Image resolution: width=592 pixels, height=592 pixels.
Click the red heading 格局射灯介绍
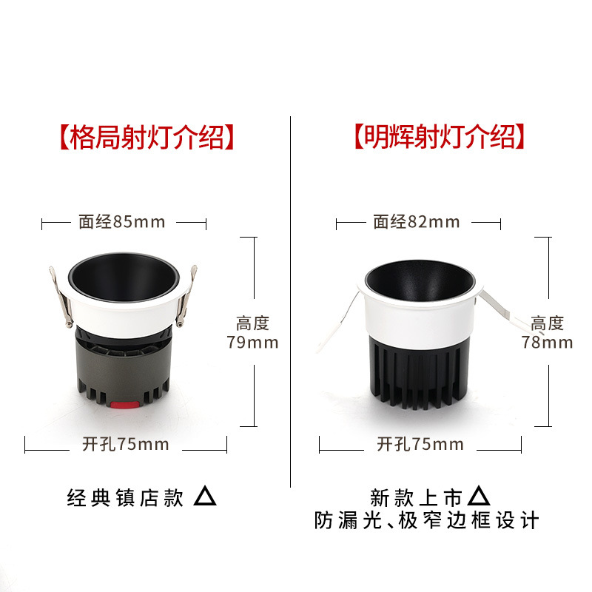pyautogui.click(x=146, y=137)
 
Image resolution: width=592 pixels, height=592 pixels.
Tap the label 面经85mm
pyautogui.click(x=122, y=221)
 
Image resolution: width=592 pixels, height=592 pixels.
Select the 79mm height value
pyautogui.click(x=252, y=342)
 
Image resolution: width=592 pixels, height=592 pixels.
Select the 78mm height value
pyautogui.click(x=547, y=342)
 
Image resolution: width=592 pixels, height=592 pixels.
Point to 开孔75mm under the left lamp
pyautogui.click(x=125, y=444)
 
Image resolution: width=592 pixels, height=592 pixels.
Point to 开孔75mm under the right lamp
pyautogui.click(x=420, y=444)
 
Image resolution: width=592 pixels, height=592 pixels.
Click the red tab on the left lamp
pyautogui.click(x=123, y=405)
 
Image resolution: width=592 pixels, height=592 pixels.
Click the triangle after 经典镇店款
pyautogui.click(x=205, y=497)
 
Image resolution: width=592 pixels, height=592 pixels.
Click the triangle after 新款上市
pyautogui.click(x=480, y=495)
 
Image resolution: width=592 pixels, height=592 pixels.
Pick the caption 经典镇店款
pyautogui.click(x=125, y=498)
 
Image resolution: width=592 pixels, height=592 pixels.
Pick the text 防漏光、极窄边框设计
pyautogui.click(x=426, y=520)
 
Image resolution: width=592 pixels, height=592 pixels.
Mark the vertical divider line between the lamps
pyautogui.click(x=291, y=296)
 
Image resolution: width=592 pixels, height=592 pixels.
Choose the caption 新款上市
pyautogui.click(x=416, y=497)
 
